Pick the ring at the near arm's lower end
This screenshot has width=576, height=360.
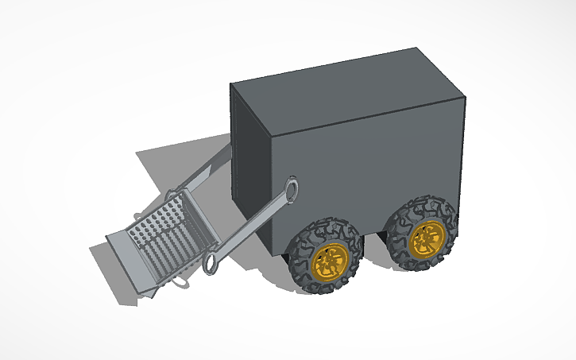click(212, 264)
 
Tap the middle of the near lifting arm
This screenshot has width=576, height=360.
click(253, 226)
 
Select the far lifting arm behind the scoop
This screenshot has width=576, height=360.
click(208, 170)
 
